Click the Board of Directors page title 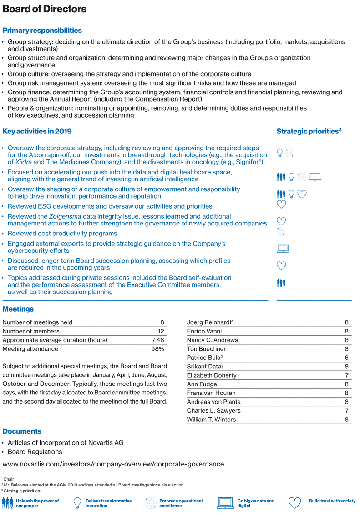pos(44,9)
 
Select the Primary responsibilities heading pos(42,31)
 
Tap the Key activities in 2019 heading pos(37,132)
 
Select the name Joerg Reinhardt pos(209,322)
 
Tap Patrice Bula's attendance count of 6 pos(347,358)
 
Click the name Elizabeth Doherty pos(212,375)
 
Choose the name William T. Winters pos(211,420)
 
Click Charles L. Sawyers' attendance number pos(347,410)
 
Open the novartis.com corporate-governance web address pos(113,464)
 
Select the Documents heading pos(22,431)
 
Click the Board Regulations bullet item pos(35,452)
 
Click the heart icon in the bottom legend pos(294,503)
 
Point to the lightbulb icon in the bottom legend pos(77,503)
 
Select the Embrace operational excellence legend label pos(181,503)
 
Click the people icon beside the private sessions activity pos(280,283)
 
